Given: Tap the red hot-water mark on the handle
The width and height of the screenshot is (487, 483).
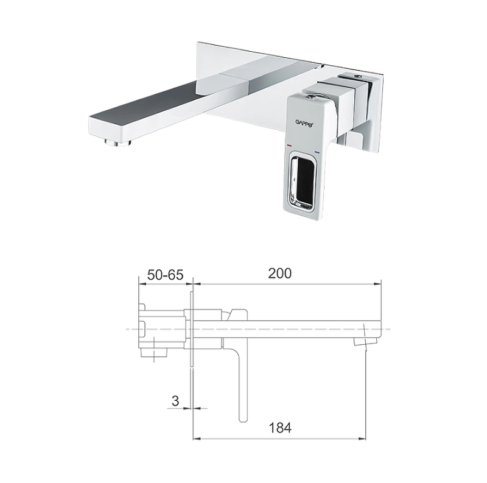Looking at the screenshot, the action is [290, 145].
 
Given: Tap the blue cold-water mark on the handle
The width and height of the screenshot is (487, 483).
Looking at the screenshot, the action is [317, 152].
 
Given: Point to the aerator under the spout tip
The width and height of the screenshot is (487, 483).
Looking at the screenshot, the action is [118, 143].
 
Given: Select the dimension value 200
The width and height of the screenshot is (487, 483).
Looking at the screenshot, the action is [280, 273].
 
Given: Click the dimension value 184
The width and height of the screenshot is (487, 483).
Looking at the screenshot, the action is [280, 428].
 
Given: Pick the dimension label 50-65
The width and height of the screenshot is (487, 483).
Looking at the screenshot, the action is [165, 275].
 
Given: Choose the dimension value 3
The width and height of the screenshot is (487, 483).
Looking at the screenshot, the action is [175, 401].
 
